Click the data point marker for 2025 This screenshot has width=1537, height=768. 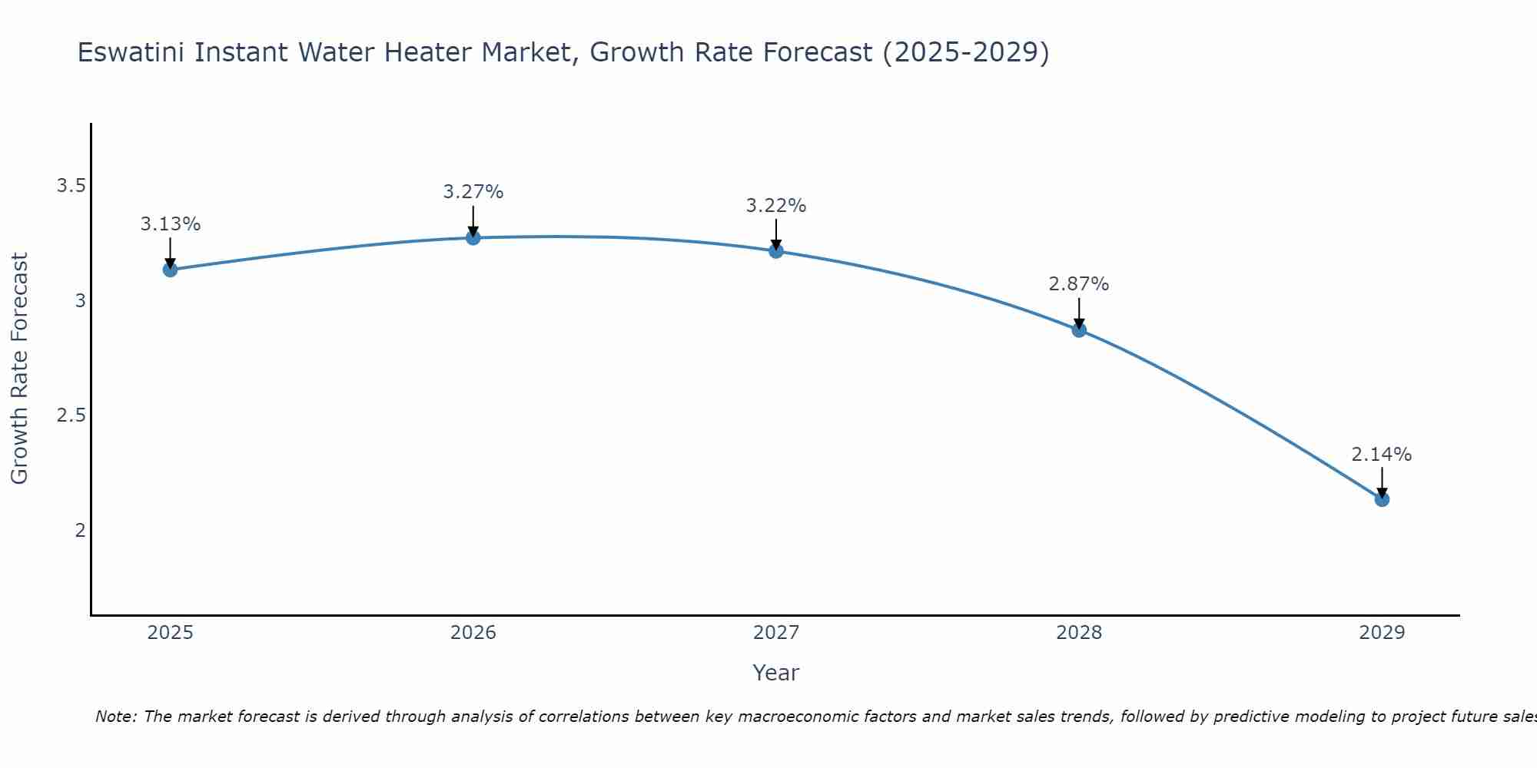click(x=170, y=270)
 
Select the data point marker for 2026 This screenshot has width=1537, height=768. click(x=473, y=238)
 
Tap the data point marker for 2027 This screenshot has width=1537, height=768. click(x=776, y=251)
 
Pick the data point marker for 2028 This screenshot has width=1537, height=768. click(x=1079, y=330)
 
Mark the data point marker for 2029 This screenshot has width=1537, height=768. click(x=1382, y=500)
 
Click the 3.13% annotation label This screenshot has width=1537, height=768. click(x=170, y=224)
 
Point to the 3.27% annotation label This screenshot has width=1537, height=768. click(x=473, y=192)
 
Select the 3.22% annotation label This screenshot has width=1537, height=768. click(x=776, y=206)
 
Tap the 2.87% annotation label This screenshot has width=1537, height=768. click(x=1079, y=284)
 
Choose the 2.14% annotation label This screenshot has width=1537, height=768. click(x=1382, y=455)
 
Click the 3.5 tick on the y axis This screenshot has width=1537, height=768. click(x=71, y=186)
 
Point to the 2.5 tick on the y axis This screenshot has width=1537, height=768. click(x=71, y=415)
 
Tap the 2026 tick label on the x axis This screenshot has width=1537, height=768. click(x=473, y=633)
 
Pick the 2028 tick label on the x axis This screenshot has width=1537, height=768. click(x=1079, y=633)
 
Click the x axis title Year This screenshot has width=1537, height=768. click(x=776, y=673)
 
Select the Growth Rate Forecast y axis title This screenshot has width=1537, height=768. click(x=19, y=369)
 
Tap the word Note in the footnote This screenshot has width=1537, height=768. click(x=115, y=717)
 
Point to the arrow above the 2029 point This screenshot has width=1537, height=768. click(x=1382, y=482)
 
